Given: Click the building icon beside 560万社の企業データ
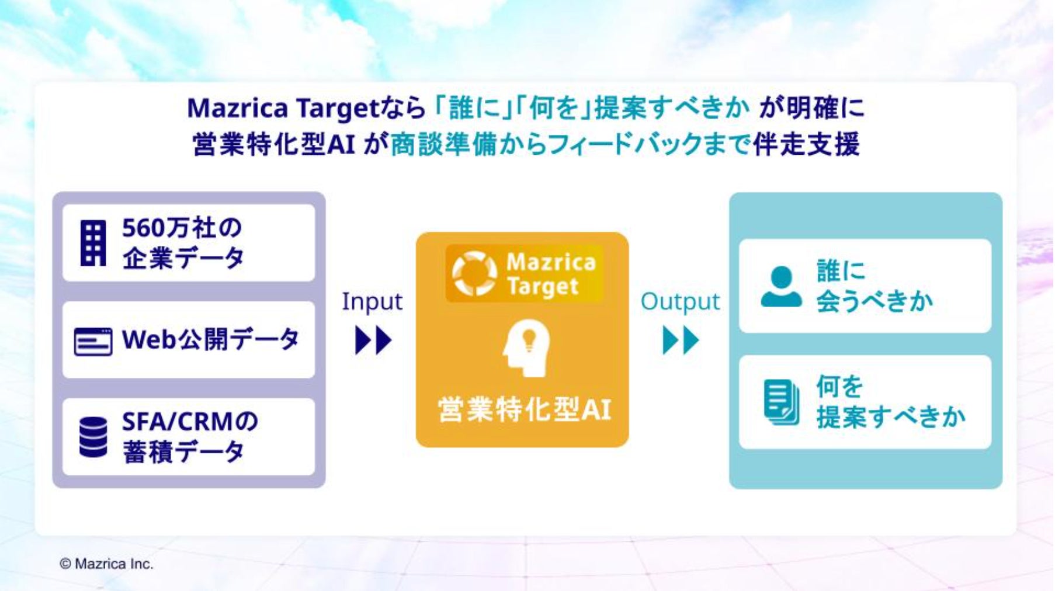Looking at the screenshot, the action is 93,243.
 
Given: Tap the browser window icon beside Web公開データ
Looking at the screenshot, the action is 93,342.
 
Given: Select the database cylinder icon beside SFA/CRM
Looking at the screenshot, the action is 93,437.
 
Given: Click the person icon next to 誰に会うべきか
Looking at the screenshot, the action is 782,286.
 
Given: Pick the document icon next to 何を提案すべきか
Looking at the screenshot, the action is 782,402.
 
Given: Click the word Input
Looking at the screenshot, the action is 372,302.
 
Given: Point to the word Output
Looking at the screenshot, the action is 680,302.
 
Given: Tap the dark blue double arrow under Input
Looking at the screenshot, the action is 373,340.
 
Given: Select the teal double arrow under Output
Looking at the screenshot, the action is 681,340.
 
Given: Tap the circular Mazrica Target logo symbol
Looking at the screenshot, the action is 474,273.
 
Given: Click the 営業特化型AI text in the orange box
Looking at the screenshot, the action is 524,409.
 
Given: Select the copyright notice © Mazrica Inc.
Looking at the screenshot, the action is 106,564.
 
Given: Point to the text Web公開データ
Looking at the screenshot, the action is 210,339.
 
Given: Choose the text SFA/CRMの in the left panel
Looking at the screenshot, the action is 190,421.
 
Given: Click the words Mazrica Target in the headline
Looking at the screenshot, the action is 283,108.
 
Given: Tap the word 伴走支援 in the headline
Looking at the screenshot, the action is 806,144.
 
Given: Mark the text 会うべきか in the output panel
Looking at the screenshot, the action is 874,301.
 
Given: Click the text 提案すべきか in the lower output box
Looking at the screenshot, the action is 891,417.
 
